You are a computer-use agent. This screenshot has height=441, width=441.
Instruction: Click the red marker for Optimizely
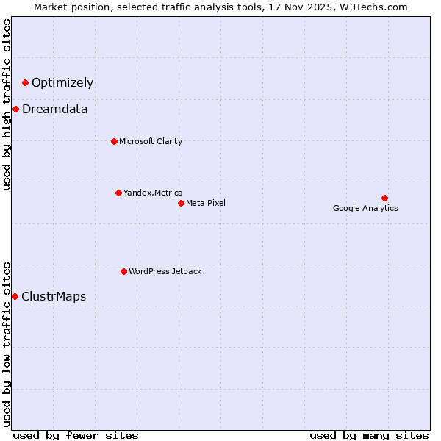click(25, 82)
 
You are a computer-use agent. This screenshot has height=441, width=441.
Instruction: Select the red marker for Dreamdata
click(15, 110)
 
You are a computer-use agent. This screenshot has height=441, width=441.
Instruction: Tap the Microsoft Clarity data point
click(114, 141)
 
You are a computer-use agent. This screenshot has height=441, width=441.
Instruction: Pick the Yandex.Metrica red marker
click(118, 193)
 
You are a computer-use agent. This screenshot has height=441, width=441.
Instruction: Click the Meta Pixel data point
click(181, 203)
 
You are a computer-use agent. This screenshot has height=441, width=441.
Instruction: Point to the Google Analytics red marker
click(384, 198)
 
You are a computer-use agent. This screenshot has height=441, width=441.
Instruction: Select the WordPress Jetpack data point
click(123, 271)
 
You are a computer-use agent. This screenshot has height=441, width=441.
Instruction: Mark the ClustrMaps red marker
click(15, 296)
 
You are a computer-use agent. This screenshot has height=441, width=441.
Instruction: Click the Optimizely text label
click(62, 82)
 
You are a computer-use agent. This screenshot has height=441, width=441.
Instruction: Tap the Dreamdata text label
click(55, 110)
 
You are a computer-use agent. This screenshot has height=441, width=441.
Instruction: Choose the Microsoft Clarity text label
click(151, 141)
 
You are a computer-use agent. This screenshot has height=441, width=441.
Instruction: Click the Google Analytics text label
click(365, 208)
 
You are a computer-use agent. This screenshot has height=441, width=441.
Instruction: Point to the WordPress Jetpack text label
click(165, 271)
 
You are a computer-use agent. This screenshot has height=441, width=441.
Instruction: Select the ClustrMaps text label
click(54, 297)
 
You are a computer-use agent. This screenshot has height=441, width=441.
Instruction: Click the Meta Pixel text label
click(206, 203)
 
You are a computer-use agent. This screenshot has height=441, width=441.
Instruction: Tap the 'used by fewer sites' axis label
click(76, 435)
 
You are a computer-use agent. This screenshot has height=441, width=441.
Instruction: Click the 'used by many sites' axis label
click(369, 435)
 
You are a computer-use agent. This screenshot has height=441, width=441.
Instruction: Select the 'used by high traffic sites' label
click(7, 104)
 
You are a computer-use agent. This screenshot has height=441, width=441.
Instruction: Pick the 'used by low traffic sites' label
click(7, 344)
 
